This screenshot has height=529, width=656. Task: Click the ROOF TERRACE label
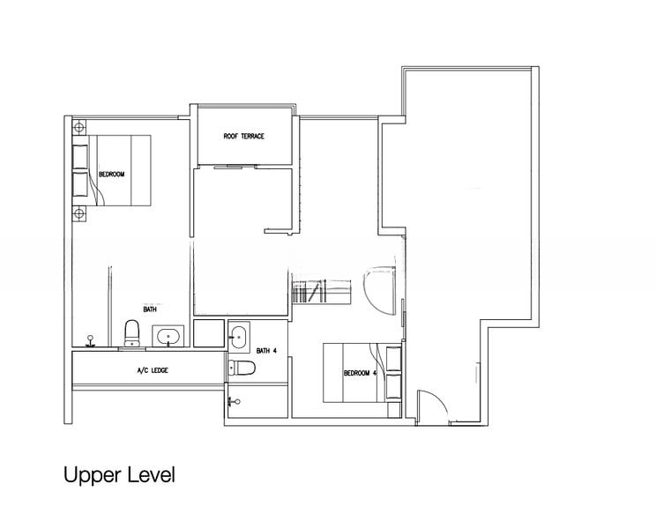(244, 137)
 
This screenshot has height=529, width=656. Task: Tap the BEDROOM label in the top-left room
(111, 175)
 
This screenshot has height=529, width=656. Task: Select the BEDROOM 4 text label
(361, 373)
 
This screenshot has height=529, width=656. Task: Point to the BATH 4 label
(266, 351)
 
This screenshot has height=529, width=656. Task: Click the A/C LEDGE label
(153, 370)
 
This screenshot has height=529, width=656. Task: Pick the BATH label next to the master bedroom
(150, 309)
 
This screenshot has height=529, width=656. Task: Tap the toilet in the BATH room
(132, 332)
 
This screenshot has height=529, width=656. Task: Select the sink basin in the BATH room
(167, 335)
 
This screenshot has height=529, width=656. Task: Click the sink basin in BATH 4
(238, 335)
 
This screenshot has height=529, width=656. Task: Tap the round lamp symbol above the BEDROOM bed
(79, 126)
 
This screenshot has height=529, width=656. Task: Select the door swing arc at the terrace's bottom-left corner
(427, 406)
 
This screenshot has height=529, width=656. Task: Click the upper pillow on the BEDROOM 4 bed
(392, 356)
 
